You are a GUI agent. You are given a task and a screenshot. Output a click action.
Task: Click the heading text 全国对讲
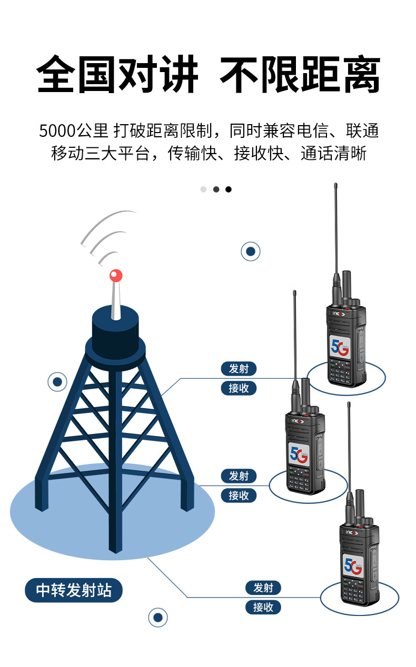click(x=117, y=75)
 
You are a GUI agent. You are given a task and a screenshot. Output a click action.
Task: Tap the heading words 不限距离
click(x=300, y=75)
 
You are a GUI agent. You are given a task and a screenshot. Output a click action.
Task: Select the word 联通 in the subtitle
click(x=362, y=131)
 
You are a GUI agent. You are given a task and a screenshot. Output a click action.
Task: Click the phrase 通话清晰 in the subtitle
click(x=333, y=154)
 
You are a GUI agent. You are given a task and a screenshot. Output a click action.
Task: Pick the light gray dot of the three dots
click(x=203, y=189)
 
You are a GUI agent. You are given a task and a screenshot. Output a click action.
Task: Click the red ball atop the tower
click(x=116, y=275)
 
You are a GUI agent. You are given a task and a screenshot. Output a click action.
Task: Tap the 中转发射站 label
click(x=74, y=590)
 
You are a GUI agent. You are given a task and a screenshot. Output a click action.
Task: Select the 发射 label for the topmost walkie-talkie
click(x=239, y=369)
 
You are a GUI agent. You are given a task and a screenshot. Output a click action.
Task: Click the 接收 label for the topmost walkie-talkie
click(x=239, y=388)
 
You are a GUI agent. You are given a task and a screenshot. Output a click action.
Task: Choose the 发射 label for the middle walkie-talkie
click(x=239, y=476)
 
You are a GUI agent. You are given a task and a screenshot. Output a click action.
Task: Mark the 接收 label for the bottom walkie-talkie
click(x=263, y=607)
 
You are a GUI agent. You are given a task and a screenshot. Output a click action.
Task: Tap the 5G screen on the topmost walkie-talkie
click(x=341, y=347)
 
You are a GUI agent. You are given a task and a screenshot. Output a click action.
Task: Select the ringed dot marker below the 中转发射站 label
click(x=157, y=617)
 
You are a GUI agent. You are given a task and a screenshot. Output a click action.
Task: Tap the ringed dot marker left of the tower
click(x=57, y=382)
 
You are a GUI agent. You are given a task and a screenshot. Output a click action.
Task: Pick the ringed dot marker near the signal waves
click(x=251, y=251)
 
